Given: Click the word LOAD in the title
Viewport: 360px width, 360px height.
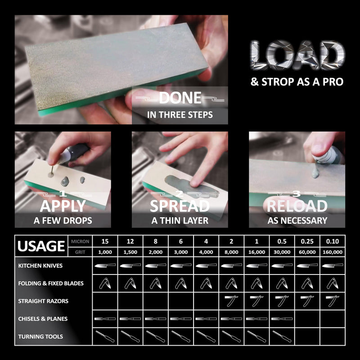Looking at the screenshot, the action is pos(297,55).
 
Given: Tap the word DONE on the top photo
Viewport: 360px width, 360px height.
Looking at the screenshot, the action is pos(180,98).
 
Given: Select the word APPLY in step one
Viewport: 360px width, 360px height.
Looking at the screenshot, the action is pos(63,206).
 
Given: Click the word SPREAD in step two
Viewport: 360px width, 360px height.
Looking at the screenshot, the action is pos(180,206).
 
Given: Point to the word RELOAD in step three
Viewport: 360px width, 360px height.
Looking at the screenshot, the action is pos(297,206).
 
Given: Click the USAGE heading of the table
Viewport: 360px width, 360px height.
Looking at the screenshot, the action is pos(41,246).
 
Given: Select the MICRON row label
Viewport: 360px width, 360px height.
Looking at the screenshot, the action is pos(80,242).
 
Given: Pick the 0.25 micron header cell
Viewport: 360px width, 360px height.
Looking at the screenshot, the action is pos(307,241).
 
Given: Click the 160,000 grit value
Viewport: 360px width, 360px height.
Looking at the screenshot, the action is pos(333,252).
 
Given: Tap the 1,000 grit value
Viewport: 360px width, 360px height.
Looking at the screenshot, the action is pos(105,252).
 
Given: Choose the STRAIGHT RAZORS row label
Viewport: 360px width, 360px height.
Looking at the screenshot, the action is pos(43,301).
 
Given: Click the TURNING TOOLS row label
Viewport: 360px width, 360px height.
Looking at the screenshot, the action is pos(40,337).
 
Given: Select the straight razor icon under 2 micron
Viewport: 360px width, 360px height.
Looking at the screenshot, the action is pos(231,301).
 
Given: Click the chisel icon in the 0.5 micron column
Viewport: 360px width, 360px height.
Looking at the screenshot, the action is pos(282,319).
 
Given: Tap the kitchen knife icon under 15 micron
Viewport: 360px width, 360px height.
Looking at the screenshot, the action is pos(105,265).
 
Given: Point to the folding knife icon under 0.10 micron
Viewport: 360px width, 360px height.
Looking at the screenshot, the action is pos(333,283).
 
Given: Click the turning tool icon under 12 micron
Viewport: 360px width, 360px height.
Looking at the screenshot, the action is pos(130,336).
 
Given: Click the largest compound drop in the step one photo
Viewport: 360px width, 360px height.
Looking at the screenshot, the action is pos(65,182).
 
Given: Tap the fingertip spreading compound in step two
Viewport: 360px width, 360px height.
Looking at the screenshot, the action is pos(195,183).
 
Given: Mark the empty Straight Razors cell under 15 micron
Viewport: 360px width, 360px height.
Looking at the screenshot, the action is pos(105,301).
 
